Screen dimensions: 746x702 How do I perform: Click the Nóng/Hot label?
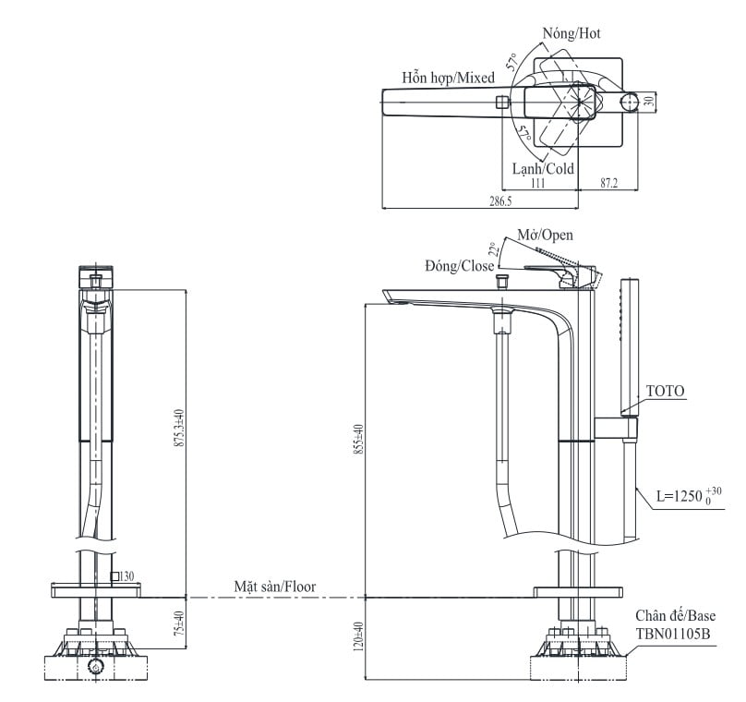point(572,33)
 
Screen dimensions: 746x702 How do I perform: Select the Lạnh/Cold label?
point(543,168)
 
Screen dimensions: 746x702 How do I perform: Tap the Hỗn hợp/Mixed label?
point(448,78)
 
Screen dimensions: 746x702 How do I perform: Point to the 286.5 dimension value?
point(500,201)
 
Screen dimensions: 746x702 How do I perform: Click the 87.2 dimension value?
point(609,183)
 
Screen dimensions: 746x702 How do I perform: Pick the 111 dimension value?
point(537,183)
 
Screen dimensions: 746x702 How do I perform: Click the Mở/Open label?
point(546,235)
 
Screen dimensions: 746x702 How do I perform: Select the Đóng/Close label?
point(460,266)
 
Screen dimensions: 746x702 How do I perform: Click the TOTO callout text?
point(665,392)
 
